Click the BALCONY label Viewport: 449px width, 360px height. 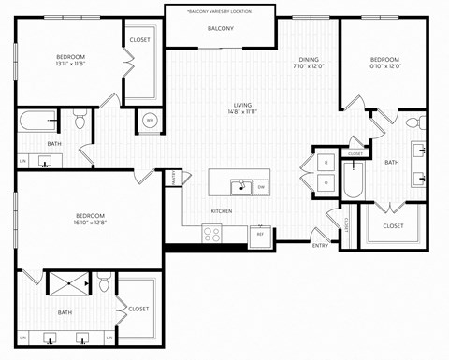[221, 29]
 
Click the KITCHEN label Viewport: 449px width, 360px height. [222, 210]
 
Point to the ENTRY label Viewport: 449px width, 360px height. [320, 245]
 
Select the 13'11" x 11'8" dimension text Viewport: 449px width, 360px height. [69, 65]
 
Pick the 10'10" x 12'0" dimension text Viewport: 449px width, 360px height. [385, 65]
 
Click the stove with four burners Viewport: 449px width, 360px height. [212, 235]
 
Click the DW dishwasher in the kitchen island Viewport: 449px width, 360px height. [261, 186]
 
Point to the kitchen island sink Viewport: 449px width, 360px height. [241, 186]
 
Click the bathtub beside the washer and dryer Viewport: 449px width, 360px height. [352, 180]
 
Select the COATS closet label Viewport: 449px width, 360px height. [345, 225]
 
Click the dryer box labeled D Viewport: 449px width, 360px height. [326, 183]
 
